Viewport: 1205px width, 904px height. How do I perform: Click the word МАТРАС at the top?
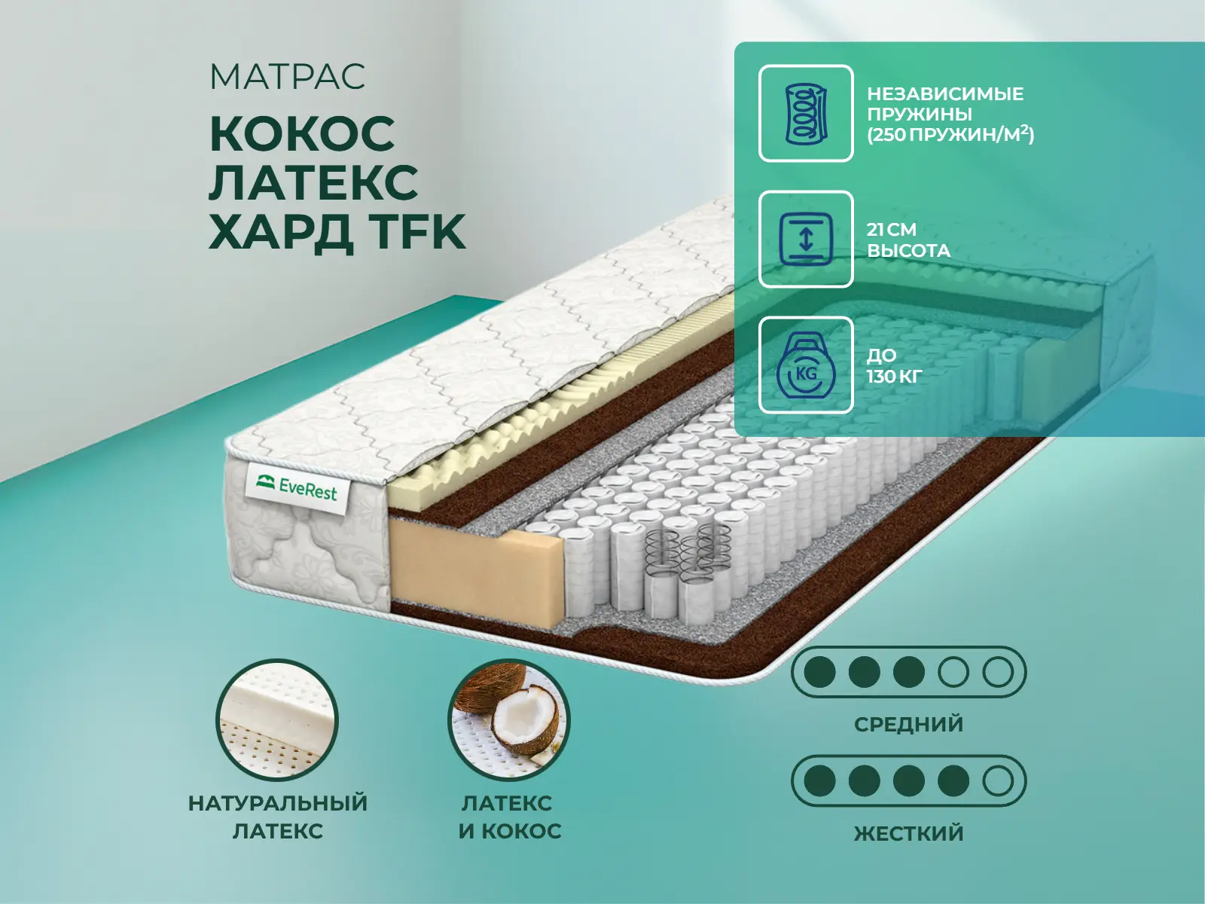pyautogui.click(x=287, y=76)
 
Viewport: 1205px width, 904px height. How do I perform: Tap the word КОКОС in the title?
pyautogui.click(x=302, y=134)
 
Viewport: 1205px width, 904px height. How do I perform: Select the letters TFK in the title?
pyautogui.click(x=416, y=232)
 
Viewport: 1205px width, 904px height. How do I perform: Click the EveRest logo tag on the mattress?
pyautogui.click(x=297, y=487)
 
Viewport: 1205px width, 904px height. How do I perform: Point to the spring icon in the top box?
pyautogui.click(x=806, y=114)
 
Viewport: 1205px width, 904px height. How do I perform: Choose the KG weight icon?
pyautogui.click(x=806, y=365)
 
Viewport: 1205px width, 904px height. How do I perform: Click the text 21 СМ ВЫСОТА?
pyautogui.click(x=908, y=240)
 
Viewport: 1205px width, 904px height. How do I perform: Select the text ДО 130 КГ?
pyautogui.click(x=894, y=365)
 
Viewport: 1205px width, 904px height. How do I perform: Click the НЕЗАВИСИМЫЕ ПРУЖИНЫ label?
pyautogui.click(x=945, y=104)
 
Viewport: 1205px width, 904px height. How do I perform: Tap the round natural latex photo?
pyautogui.click(x=277, y=719)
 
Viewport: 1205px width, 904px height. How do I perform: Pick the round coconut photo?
pyautogui.click(x=509, y=719)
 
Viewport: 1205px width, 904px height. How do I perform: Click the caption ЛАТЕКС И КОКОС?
pyautogui.click(x=509, y=817)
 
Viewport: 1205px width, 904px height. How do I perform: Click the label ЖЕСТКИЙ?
pyautogui.click(x=908, y=832)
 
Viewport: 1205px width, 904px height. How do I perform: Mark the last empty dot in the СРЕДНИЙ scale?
pyautogui.click(x=998, y=672)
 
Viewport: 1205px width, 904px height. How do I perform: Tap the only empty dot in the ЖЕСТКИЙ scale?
pyautogui.click(x=998, y=780)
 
